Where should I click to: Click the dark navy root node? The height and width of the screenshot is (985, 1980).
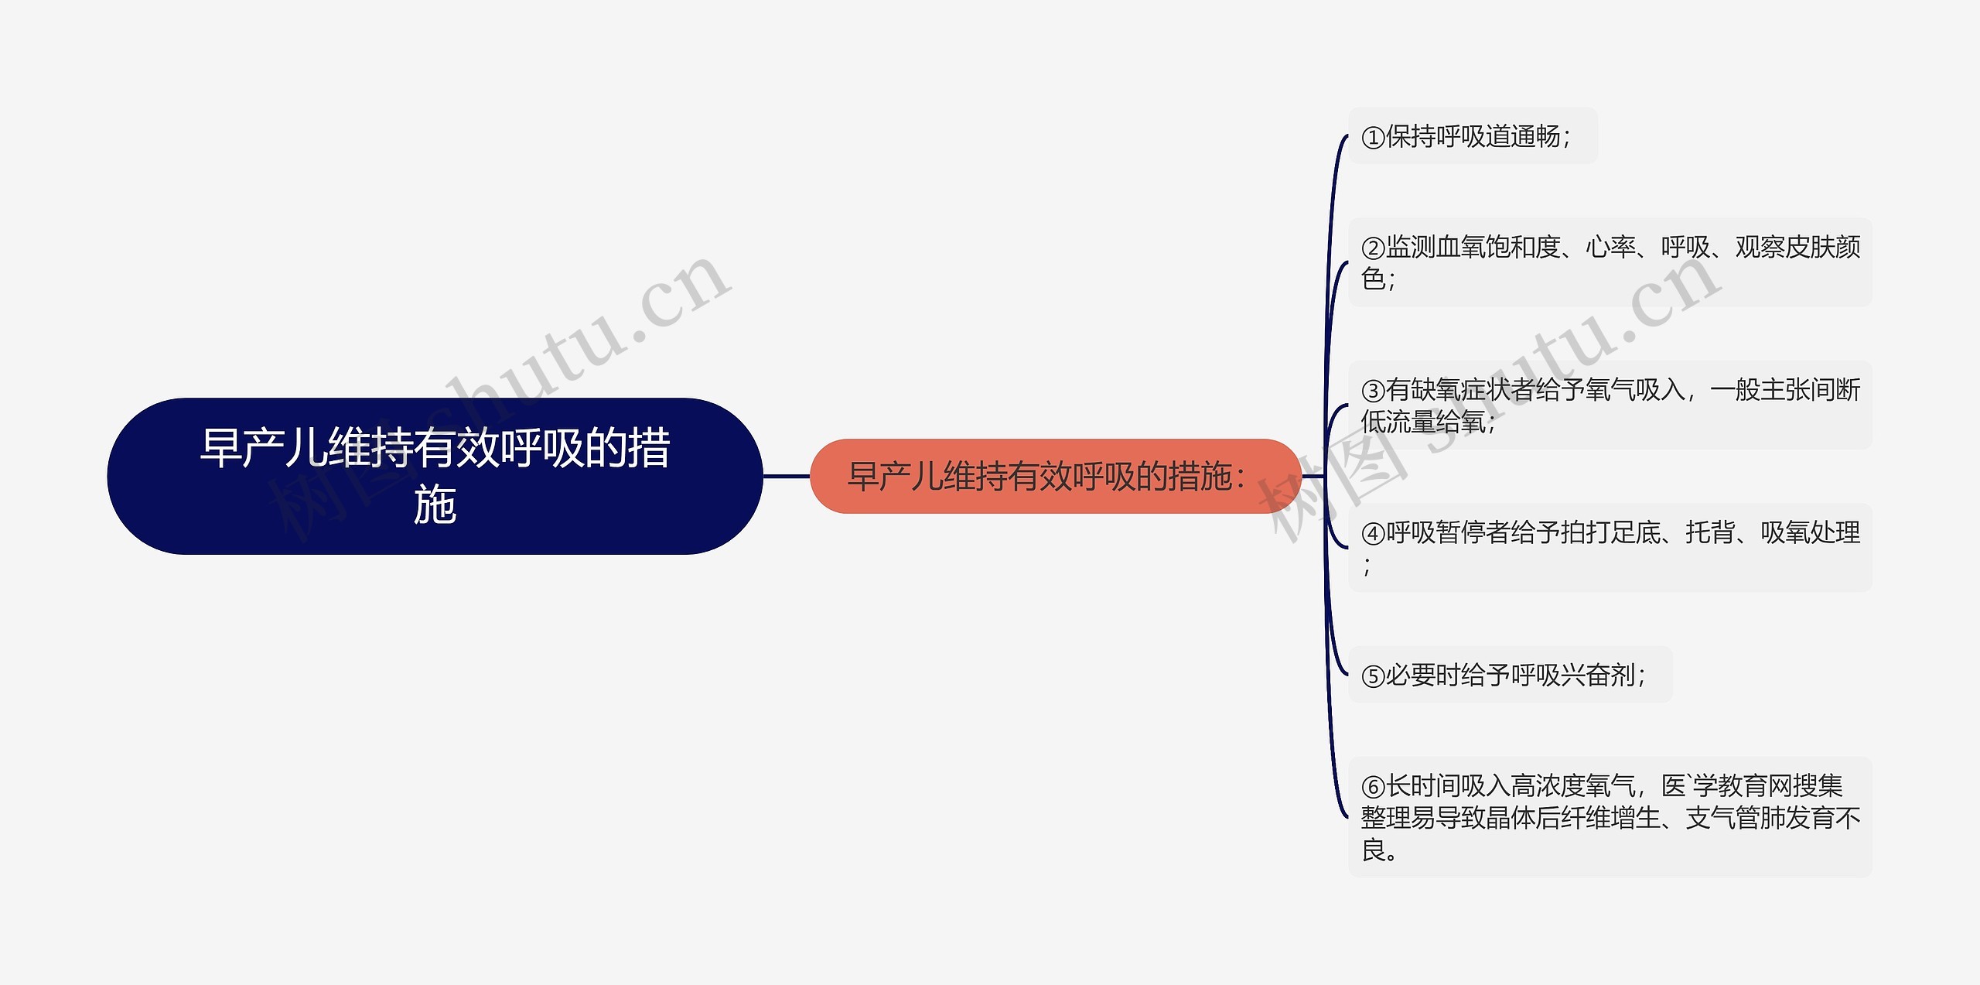point(435,476)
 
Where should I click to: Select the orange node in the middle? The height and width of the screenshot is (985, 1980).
point(1055,476)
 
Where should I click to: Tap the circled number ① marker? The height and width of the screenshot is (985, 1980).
point(1373,138)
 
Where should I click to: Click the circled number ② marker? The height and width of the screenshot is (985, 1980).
point(1373,248)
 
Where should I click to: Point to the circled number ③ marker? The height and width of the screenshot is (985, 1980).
point(1373,391)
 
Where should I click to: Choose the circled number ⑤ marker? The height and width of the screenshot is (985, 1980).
point(1373,676)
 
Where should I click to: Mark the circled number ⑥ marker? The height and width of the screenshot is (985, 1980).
point(1373,787)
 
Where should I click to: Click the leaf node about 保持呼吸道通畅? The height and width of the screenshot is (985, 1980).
point(1473,136)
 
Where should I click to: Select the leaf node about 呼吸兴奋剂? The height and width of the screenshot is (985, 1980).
point(1510,675)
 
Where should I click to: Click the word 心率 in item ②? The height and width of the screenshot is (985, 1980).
point(1610,248)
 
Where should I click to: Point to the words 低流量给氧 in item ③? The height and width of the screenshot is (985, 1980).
point(1423,422)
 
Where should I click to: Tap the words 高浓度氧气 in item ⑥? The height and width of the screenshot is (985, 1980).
point(1572,786)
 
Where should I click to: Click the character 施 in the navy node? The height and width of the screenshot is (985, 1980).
point(435,505)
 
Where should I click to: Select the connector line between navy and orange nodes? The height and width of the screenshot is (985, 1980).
point(787,476)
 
